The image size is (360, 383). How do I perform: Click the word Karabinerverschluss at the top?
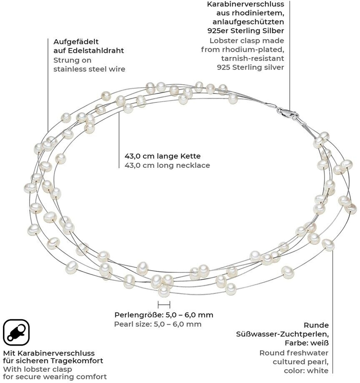(245, 4)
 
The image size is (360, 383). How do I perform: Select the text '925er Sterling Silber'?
(246, 30)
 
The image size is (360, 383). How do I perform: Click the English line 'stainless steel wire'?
(89, 69)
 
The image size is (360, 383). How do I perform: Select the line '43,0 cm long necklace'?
(167, 165)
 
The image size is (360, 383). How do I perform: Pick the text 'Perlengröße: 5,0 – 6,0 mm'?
(164, 315)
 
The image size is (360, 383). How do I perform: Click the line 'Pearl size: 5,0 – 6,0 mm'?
(158, 324)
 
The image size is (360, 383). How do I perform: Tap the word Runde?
(316, 325)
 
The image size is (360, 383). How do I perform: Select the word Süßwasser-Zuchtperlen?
(282, 334)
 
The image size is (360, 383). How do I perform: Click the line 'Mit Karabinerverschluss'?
(49, 353)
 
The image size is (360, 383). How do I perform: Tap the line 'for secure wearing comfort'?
(55, 377)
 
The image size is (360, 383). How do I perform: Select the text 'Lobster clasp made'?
(247, 40)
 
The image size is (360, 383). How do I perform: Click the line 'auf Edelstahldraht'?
(88, 51)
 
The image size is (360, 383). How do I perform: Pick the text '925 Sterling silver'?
(250, 67)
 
